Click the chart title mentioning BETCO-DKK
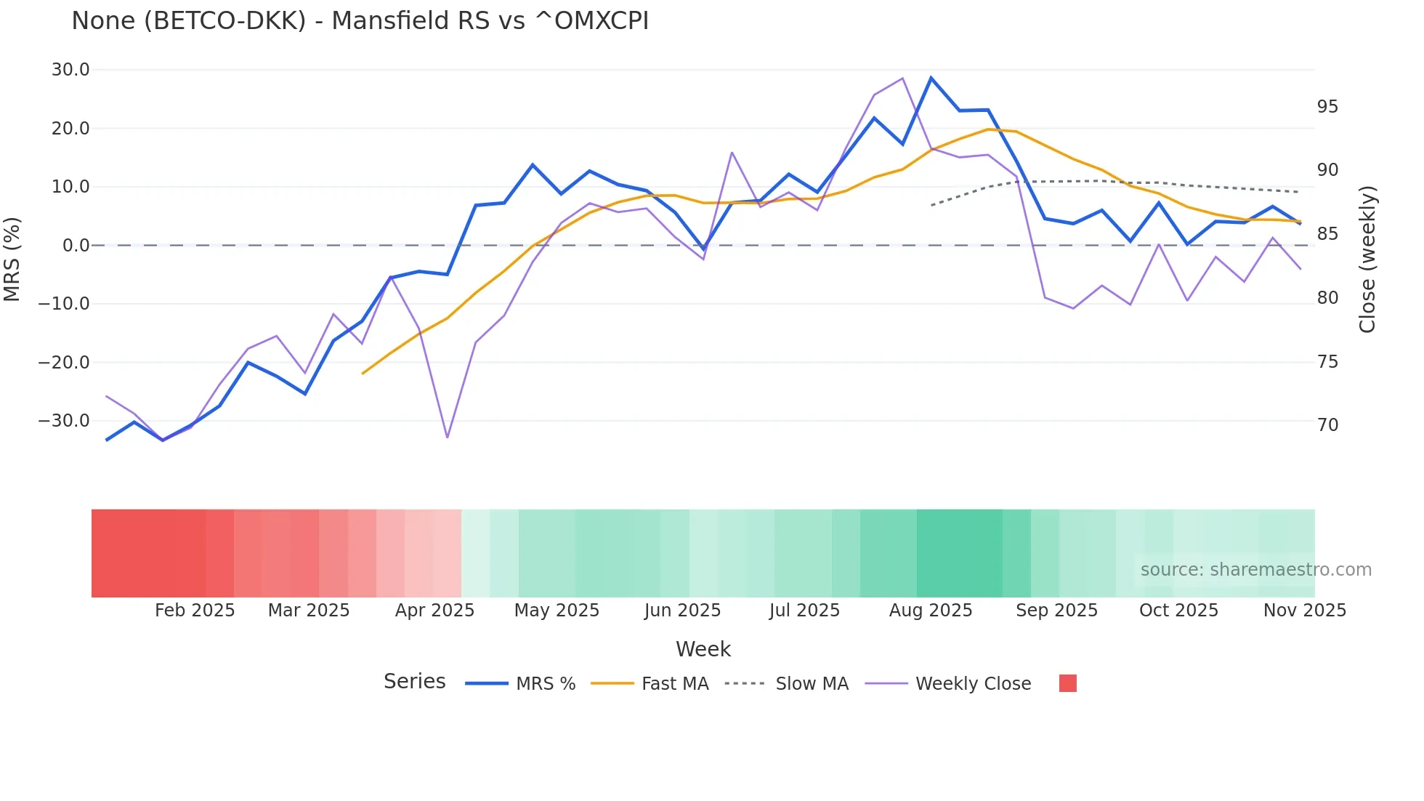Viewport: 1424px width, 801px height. pos(360,21)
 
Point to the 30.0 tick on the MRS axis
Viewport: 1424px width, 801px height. pos(70,70)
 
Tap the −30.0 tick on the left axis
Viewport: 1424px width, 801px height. pos(64,421)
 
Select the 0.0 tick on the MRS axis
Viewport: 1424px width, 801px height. pos(76,246)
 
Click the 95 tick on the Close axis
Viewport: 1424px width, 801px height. pos(1327,107)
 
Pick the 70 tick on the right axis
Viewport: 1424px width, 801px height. pos(1327,425)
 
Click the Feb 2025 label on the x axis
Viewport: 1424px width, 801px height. pos(195,611)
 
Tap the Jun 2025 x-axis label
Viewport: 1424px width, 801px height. pos(682,611)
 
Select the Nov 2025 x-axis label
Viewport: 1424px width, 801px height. pos(1305,611)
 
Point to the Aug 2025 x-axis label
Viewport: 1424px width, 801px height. pos(931,611)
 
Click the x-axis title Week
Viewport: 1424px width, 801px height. pos(703,649)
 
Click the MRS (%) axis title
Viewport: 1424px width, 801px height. pos(12,259)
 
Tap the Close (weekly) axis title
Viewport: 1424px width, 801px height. pos(1367,259)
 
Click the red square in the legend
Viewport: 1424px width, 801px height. pos(1068,683)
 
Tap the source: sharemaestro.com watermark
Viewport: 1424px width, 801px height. pos(1255,570)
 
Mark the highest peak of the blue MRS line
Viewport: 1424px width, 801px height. pos(931,78)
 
